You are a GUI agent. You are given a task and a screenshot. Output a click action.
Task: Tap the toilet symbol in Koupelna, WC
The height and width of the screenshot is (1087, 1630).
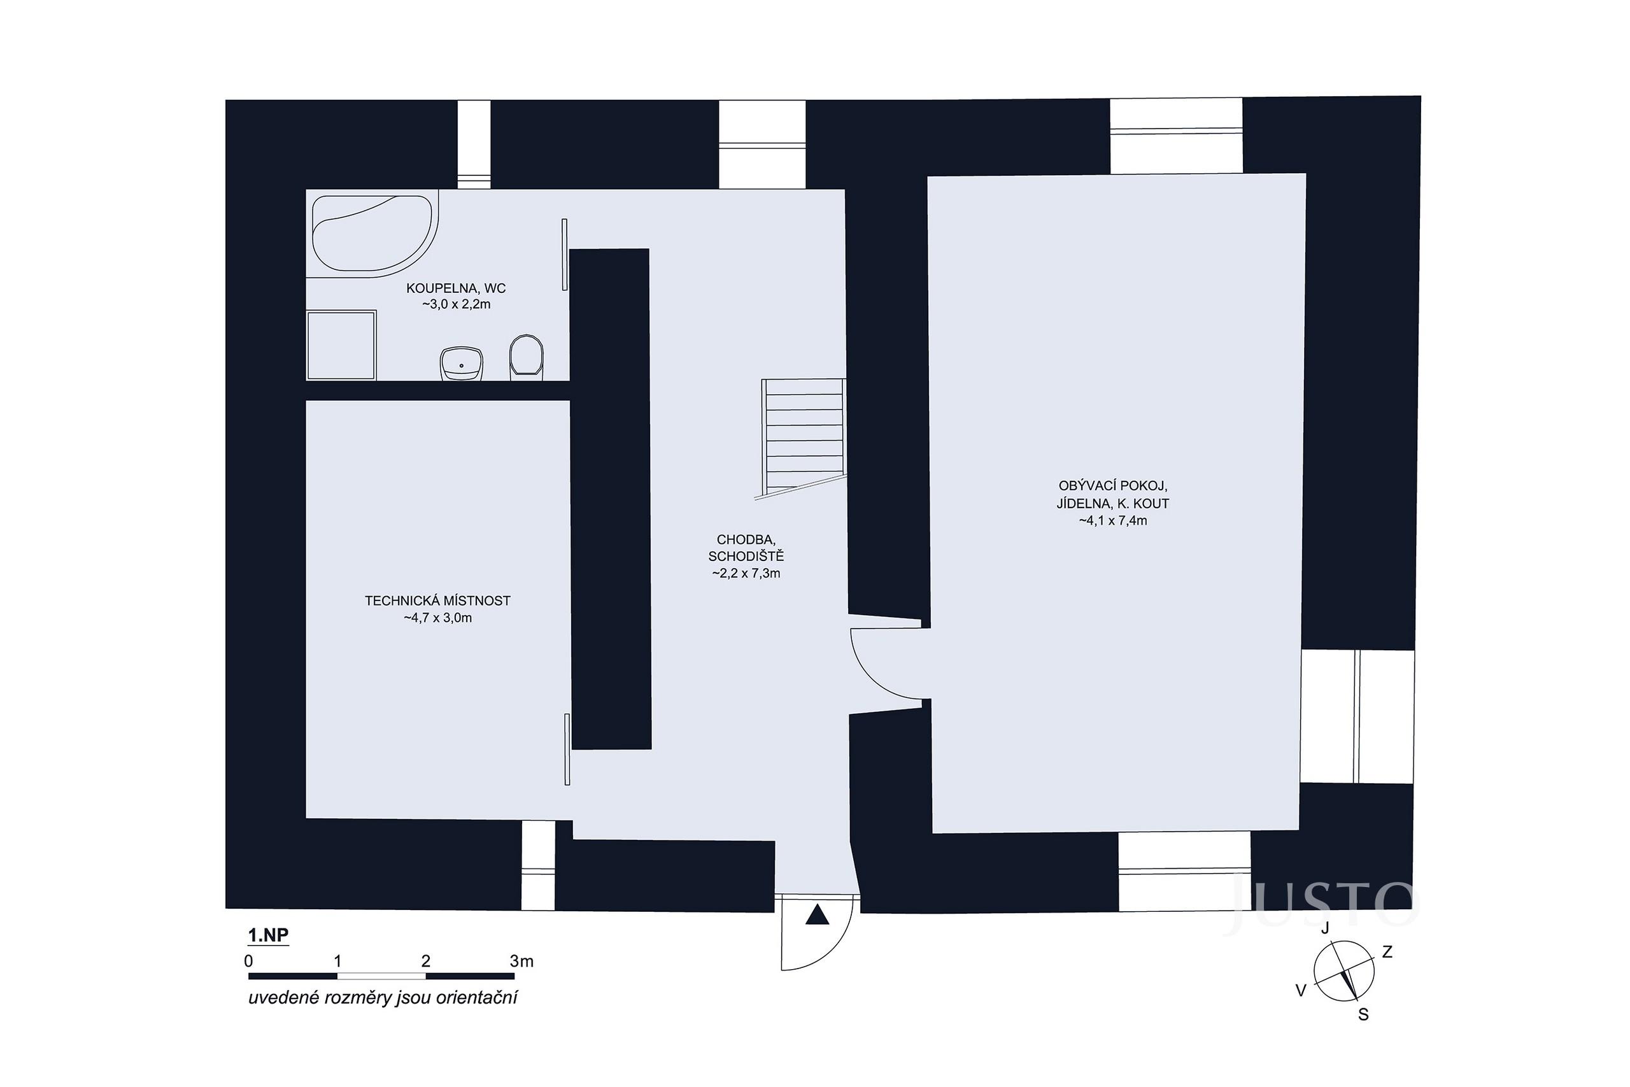tap(526, 357)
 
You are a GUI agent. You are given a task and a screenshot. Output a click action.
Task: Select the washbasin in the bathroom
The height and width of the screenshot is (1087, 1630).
tap(462, 364)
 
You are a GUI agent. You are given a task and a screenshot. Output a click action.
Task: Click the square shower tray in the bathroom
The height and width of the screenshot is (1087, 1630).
tap(342, 345)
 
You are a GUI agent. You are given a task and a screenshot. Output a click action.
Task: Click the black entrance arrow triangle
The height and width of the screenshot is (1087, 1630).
tap(817, 916)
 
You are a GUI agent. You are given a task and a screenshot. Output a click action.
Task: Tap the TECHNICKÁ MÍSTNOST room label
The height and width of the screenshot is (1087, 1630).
tap(437, 601)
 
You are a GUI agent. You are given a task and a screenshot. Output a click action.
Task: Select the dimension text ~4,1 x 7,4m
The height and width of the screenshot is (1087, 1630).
tap(1112, 521)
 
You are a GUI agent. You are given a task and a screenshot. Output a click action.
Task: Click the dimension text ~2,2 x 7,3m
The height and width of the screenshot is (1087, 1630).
tap(746, 573)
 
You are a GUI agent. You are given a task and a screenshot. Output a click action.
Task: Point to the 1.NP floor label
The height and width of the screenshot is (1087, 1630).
tap(268, 935)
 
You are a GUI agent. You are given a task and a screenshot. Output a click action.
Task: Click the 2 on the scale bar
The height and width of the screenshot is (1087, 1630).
tap(425, 961)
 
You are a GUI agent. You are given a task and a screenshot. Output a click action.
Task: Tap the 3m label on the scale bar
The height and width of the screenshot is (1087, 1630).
tap(521, 961)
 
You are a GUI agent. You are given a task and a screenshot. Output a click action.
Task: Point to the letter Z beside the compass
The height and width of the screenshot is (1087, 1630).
tap(1387, 952)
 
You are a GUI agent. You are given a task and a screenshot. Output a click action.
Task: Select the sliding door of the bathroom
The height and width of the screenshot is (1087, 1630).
tap(564, 255)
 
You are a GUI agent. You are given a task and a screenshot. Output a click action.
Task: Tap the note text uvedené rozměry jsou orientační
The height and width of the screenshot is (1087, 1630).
tap(383, 998)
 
